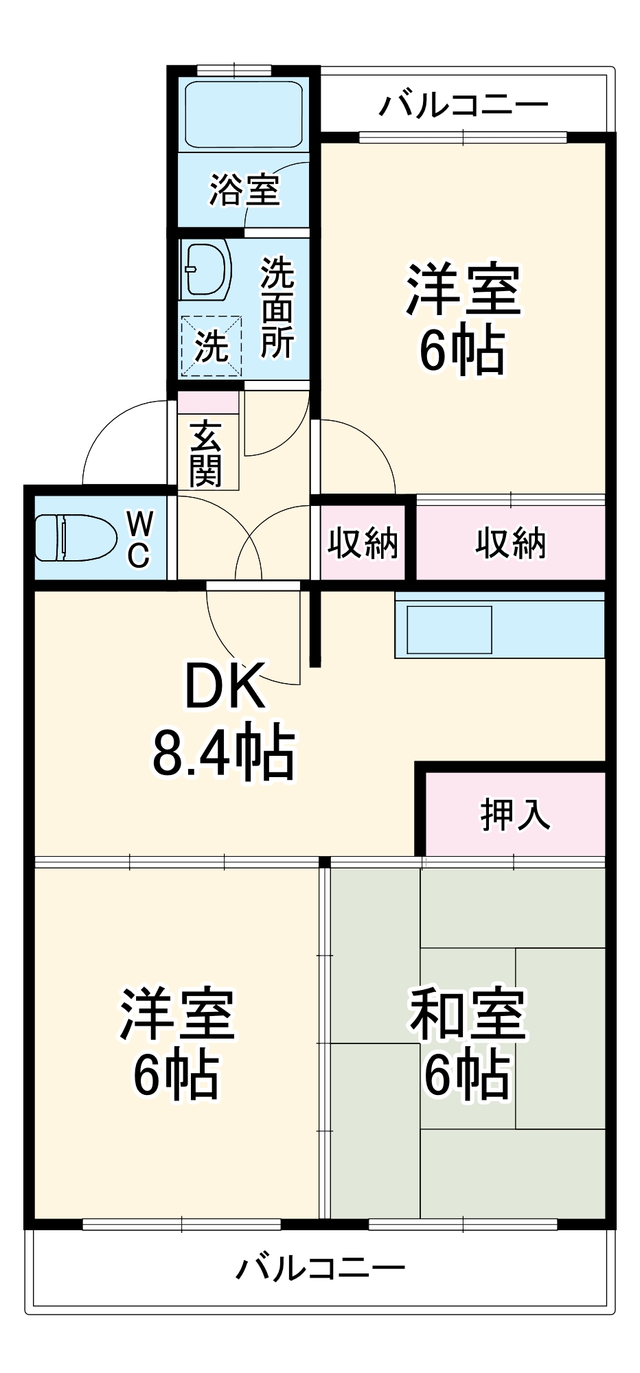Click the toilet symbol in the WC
[76, 538]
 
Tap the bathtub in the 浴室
[244, 114]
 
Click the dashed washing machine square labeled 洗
[212, 346]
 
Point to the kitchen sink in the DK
[449, 630]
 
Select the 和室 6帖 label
[467, 1043]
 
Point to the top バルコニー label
[464, 105]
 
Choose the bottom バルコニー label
[320, 1267]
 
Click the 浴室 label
[244, 189]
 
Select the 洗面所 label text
[277, 307]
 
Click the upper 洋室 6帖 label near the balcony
[463, 319]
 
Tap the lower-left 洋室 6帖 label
[177, 1043]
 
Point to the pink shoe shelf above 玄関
[208, 402]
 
